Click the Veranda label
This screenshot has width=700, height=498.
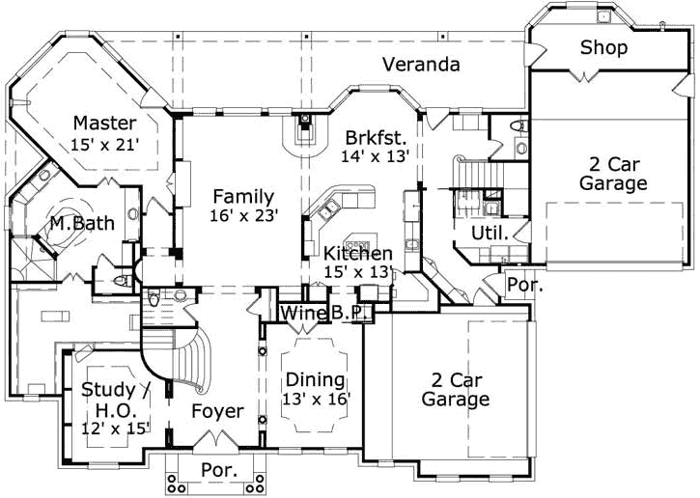pos(421,65)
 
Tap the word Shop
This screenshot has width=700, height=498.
pos(603,47)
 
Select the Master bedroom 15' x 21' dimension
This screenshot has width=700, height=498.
pos(105,145)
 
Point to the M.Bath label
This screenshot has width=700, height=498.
pos(82,223)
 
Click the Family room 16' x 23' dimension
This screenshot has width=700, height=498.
pos(244,215)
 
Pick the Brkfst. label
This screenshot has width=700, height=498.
pos(376,138)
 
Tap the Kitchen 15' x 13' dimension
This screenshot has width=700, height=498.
pos(358,271)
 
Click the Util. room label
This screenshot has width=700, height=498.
pos(490,233)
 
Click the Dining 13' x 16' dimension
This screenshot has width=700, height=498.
pos(316,399)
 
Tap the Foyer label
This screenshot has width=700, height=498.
pos(218,411)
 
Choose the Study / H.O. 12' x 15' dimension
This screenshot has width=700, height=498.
pos(115,429)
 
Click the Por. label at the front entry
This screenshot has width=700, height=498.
pos(219,470)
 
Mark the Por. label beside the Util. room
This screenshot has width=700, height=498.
pos(525,285)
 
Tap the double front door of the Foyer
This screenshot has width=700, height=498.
pos(216,438)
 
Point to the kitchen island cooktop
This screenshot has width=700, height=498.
pos(357,244)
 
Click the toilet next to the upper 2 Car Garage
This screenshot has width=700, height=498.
pos(519,125)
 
